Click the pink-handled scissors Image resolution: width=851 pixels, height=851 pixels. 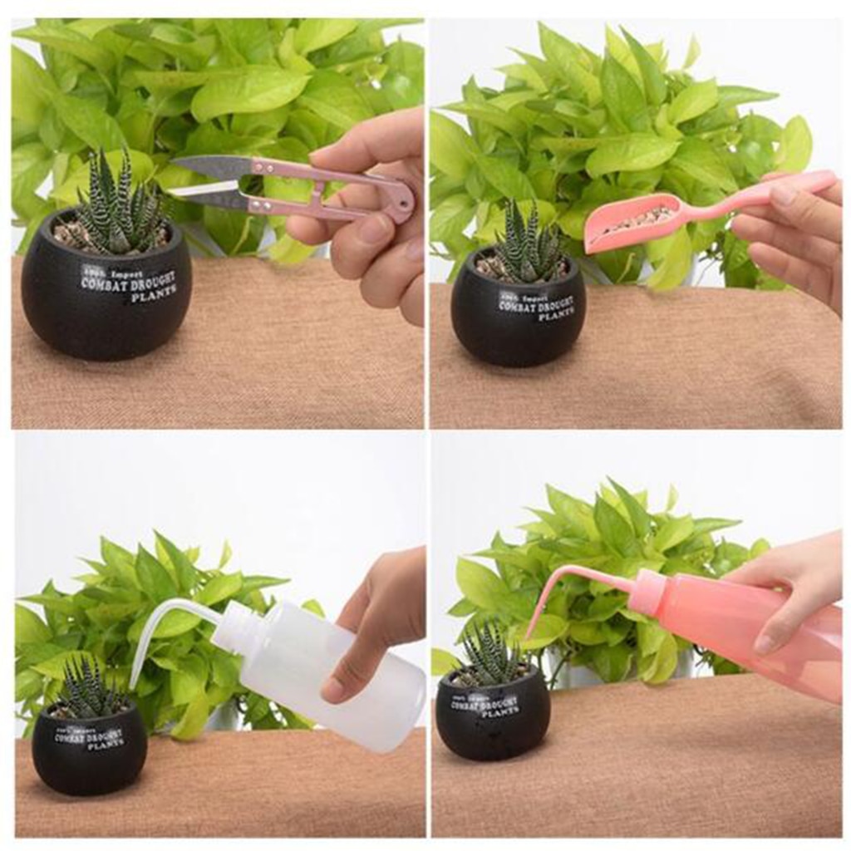[x=332, y=187]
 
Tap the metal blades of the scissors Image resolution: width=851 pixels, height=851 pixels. [x=208, y=179]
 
